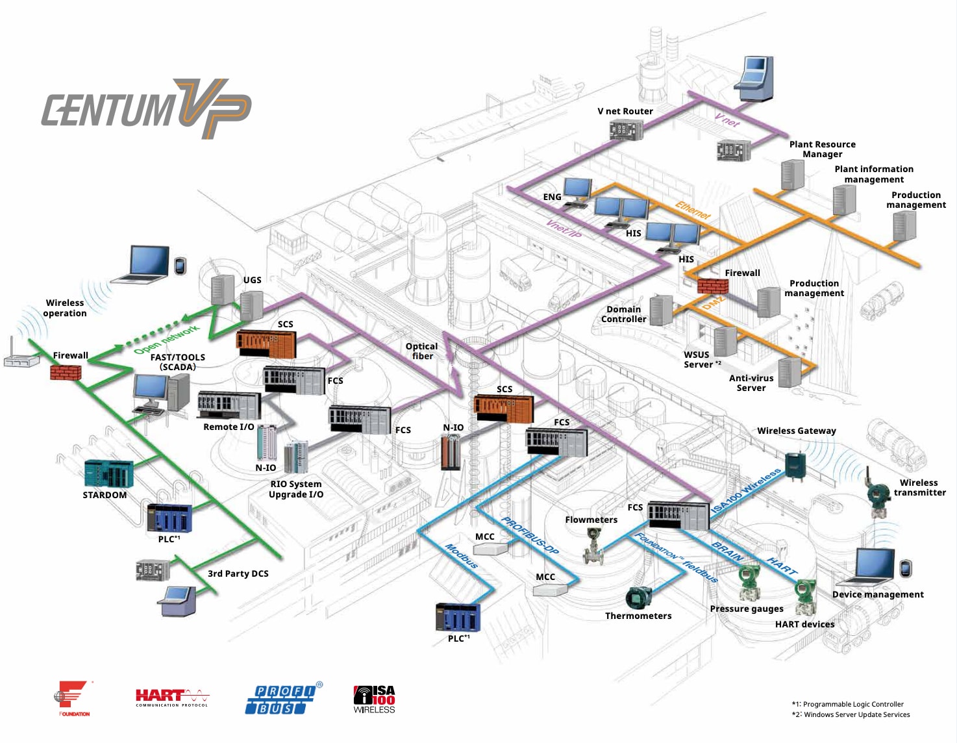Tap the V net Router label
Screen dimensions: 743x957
[625, 111]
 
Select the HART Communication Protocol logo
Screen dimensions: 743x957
[172, 698]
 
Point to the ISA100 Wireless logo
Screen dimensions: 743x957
[374, 699]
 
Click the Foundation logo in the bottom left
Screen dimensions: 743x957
[73, 698]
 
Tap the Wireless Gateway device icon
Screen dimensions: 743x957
[795, 464]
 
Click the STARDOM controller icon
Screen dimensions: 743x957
[108, 473]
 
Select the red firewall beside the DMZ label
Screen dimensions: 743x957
[712, 286]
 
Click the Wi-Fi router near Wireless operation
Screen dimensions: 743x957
[21, 359]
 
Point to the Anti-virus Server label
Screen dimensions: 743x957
[751, 383]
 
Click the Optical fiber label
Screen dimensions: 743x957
[422, 351]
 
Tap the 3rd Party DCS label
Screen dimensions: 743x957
[238, 573]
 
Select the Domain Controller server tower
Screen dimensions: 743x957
[661, 310]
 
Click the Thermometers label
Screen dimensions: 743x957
[638, 616]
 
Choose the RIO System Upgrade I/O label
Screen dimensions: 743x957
[296, 489]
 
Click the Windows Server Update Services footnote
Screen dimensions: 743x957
[851, 714]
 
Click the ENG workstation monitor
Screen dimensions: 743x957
[577, 190]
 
